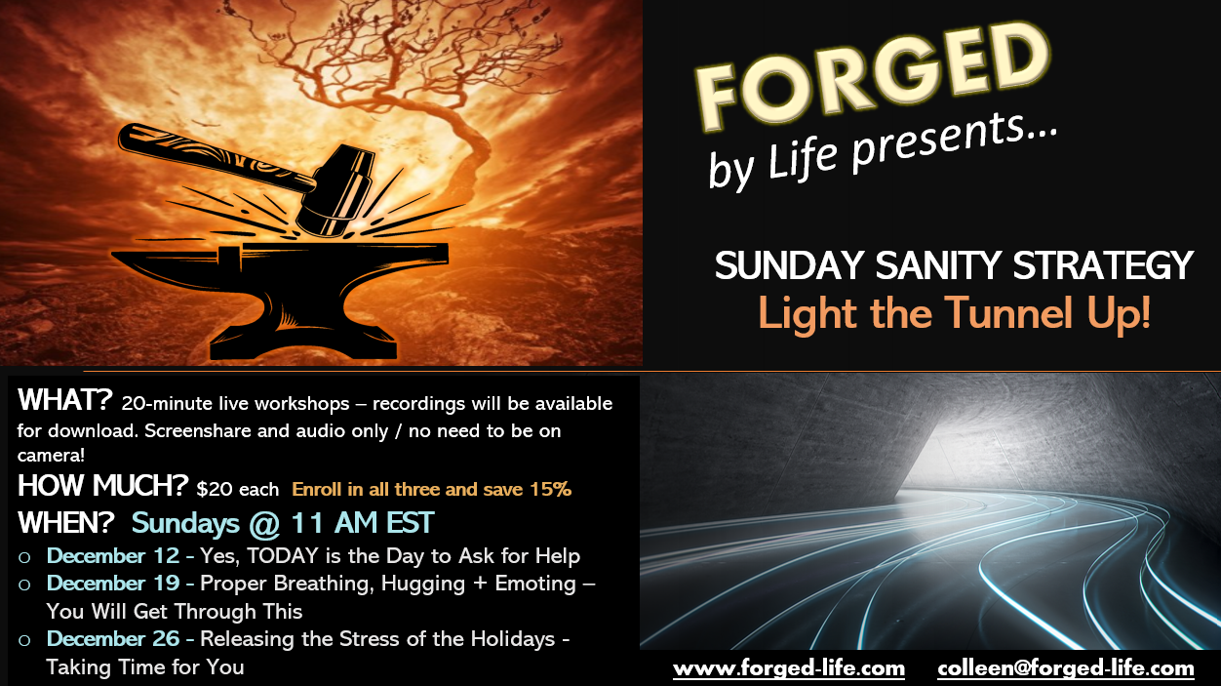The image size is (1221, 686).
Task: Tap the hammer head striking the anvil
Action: click(x=336, y=192)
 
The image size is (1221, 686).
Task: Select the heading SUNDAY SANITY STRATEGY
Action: click(x=954, y=265)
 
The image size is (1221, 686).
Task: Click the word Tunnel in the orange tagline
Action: click(x=1009, y=313)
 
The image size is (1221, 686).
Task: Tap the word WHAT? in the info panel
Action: click(x=65, y=400)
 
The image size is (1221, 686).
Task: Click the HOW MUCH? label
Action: click(x=102, y=485)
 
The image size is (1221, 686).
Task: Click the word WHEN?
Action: click(x=66, y=522)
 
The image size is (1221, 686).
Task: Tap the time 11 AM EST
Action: click(x=363, y=522)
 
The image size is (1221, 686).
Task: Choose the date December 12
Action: click(x=113, y=555)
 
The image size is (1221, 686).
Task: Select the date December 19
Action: click(x=113, y=583)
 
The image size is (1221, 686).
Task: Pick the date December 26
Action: click(x=113, y=638)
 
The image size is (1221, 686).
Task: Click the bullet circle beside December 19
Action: click(x=24, y=585)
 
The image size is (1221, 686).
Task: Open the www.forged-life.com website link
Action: click(x=789, y=668)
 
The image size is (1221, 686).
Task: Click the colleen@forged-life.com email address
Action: click(x=1066, y=668)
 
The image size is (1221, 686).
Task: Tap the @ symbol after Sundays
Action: click(x=264, y=523)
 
